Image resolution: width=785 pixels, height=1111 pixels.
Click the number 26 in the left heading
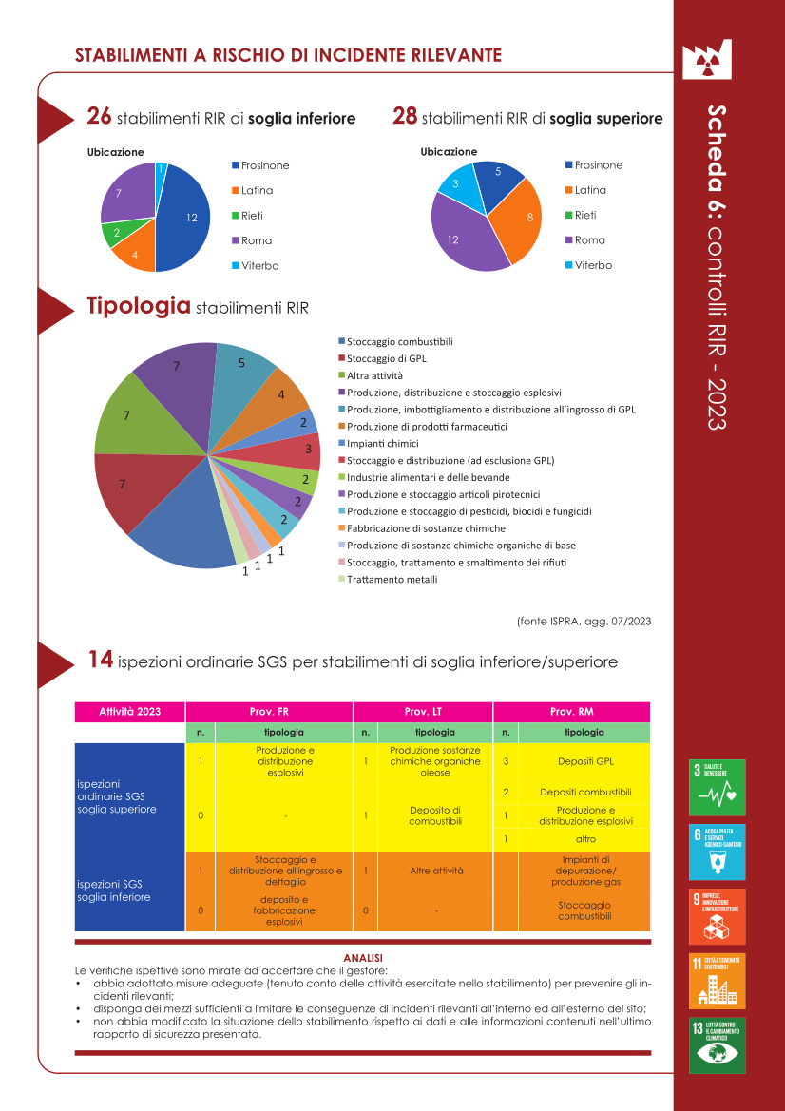coord(99,116)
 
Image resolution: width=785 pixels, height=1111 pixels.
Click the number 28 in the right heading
coord(405,116)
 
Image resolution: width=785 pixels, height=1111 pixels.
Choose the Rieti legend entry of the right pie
coord(585,215)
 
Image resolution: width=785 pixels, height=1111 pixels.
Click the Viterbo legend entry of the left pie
coord(259,266)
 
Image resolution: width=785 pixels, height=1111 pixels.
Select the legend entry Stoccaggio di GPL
coord(386,358)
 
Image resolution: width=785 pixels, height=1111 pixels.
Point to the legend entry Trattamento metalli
coord(392,579)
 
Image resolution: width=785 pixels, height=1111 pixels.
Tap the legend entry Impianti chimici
coord(382,443)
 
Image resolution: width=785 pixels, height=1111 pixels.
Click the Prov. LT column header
coord(423,711)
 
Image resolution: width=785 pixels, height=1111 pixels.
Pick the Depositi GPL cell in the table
coord(584,761)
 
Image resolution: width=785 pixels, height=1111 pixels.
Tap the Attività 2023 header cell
coord(130,711)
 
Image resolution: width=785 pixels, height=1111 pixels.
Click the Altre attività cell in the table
coord(435,870)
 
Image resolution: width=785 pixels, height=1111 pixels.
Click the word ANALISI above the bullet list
coord(363,956)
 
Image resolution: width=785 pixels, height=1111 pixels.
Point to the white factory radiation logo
coord(705,59)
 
